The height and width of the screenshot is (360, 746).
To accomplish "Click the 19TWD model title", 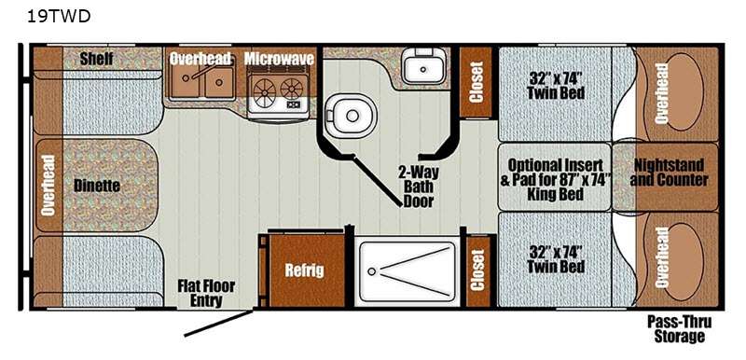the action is pos(59,16).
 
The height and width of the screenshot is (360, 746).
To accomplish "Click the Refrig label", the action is pos(305,270).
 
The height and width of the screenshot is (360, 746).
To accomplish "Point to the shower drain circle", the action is pos(371,271).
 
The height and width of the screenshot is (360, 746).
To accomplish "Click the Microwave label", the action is pos(279,59).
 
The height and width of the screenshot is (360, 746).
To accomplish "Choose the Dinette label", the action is pos(97,186).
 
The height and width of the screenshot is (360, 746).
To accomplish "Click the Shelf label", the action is pos(97,59).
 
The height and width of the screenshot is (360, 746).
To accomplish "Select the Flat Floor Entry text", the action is pos(206,293).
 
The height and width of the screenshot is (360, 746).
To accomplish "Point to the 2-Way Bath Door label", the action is pos(419,187).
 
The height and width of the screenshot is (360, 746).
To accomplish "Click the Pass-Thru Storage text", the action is pos(680,329).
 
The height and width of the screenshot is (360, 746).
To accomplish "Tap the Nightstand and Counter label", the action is pos(669,173).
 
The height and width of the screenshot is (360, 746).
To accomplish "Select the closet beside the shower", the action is pos(477,270).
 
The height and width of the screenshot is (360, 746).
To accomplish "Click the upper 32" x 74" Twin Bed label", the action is pos(556,85).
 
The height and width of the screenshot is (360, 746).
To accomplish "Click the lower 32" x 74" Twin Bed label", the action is pos(556,259).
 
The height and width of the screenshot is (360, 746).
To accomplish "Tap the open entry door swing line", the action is pos(218,324).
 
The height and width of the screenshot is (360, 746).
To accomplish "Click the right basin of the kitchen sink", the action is pos(219,82).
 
